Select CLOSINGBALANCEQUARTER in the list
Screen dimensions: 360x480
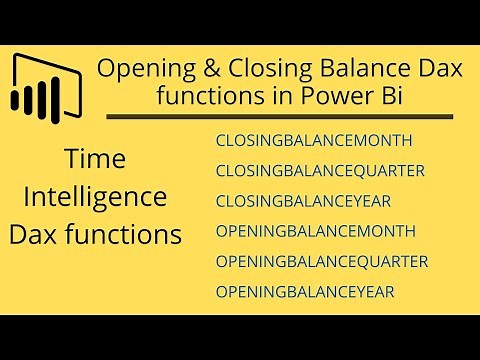[x=320, y=171]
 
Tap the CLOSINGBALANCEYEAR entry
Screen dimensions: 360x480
[x=302, y=201]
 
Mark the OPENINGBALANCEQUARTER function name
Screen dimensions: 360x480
[x=321, y=262]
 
